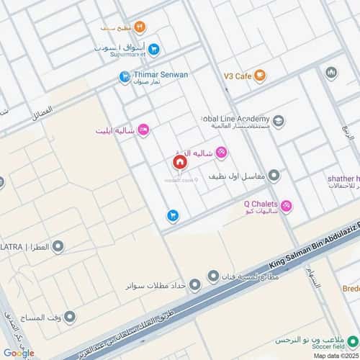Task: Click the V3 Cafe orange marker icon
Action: click(260, 75)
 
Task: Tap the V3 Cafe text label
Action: click(235, 75)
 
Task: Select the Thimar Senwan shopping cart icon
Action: click(125, 74)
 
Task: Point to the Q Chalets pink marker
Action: click(287, 206)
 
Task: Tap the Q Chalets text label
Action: click(261, 203)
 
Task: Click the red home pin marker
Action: click(179, 163)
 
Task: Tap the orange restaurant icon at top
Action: click(140, 27)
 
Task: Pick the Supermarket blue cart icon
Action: click(154, 49)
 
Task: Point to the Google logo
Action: click(19, 352)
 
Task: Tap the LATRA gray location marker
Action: click(58, 247)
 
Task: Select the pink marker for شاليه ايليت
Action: click(143, 130)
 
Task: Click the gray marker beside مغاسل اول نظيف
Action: click(274, 176)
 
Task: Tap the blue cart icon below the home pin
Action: click(173, 214)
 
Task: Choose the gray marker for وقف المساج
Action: click(70, 317)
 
